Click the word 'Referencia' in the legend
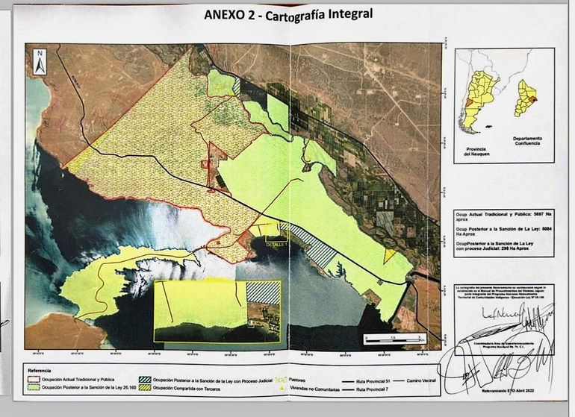point(44,371)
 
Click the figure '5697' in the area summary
point(529,214)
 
